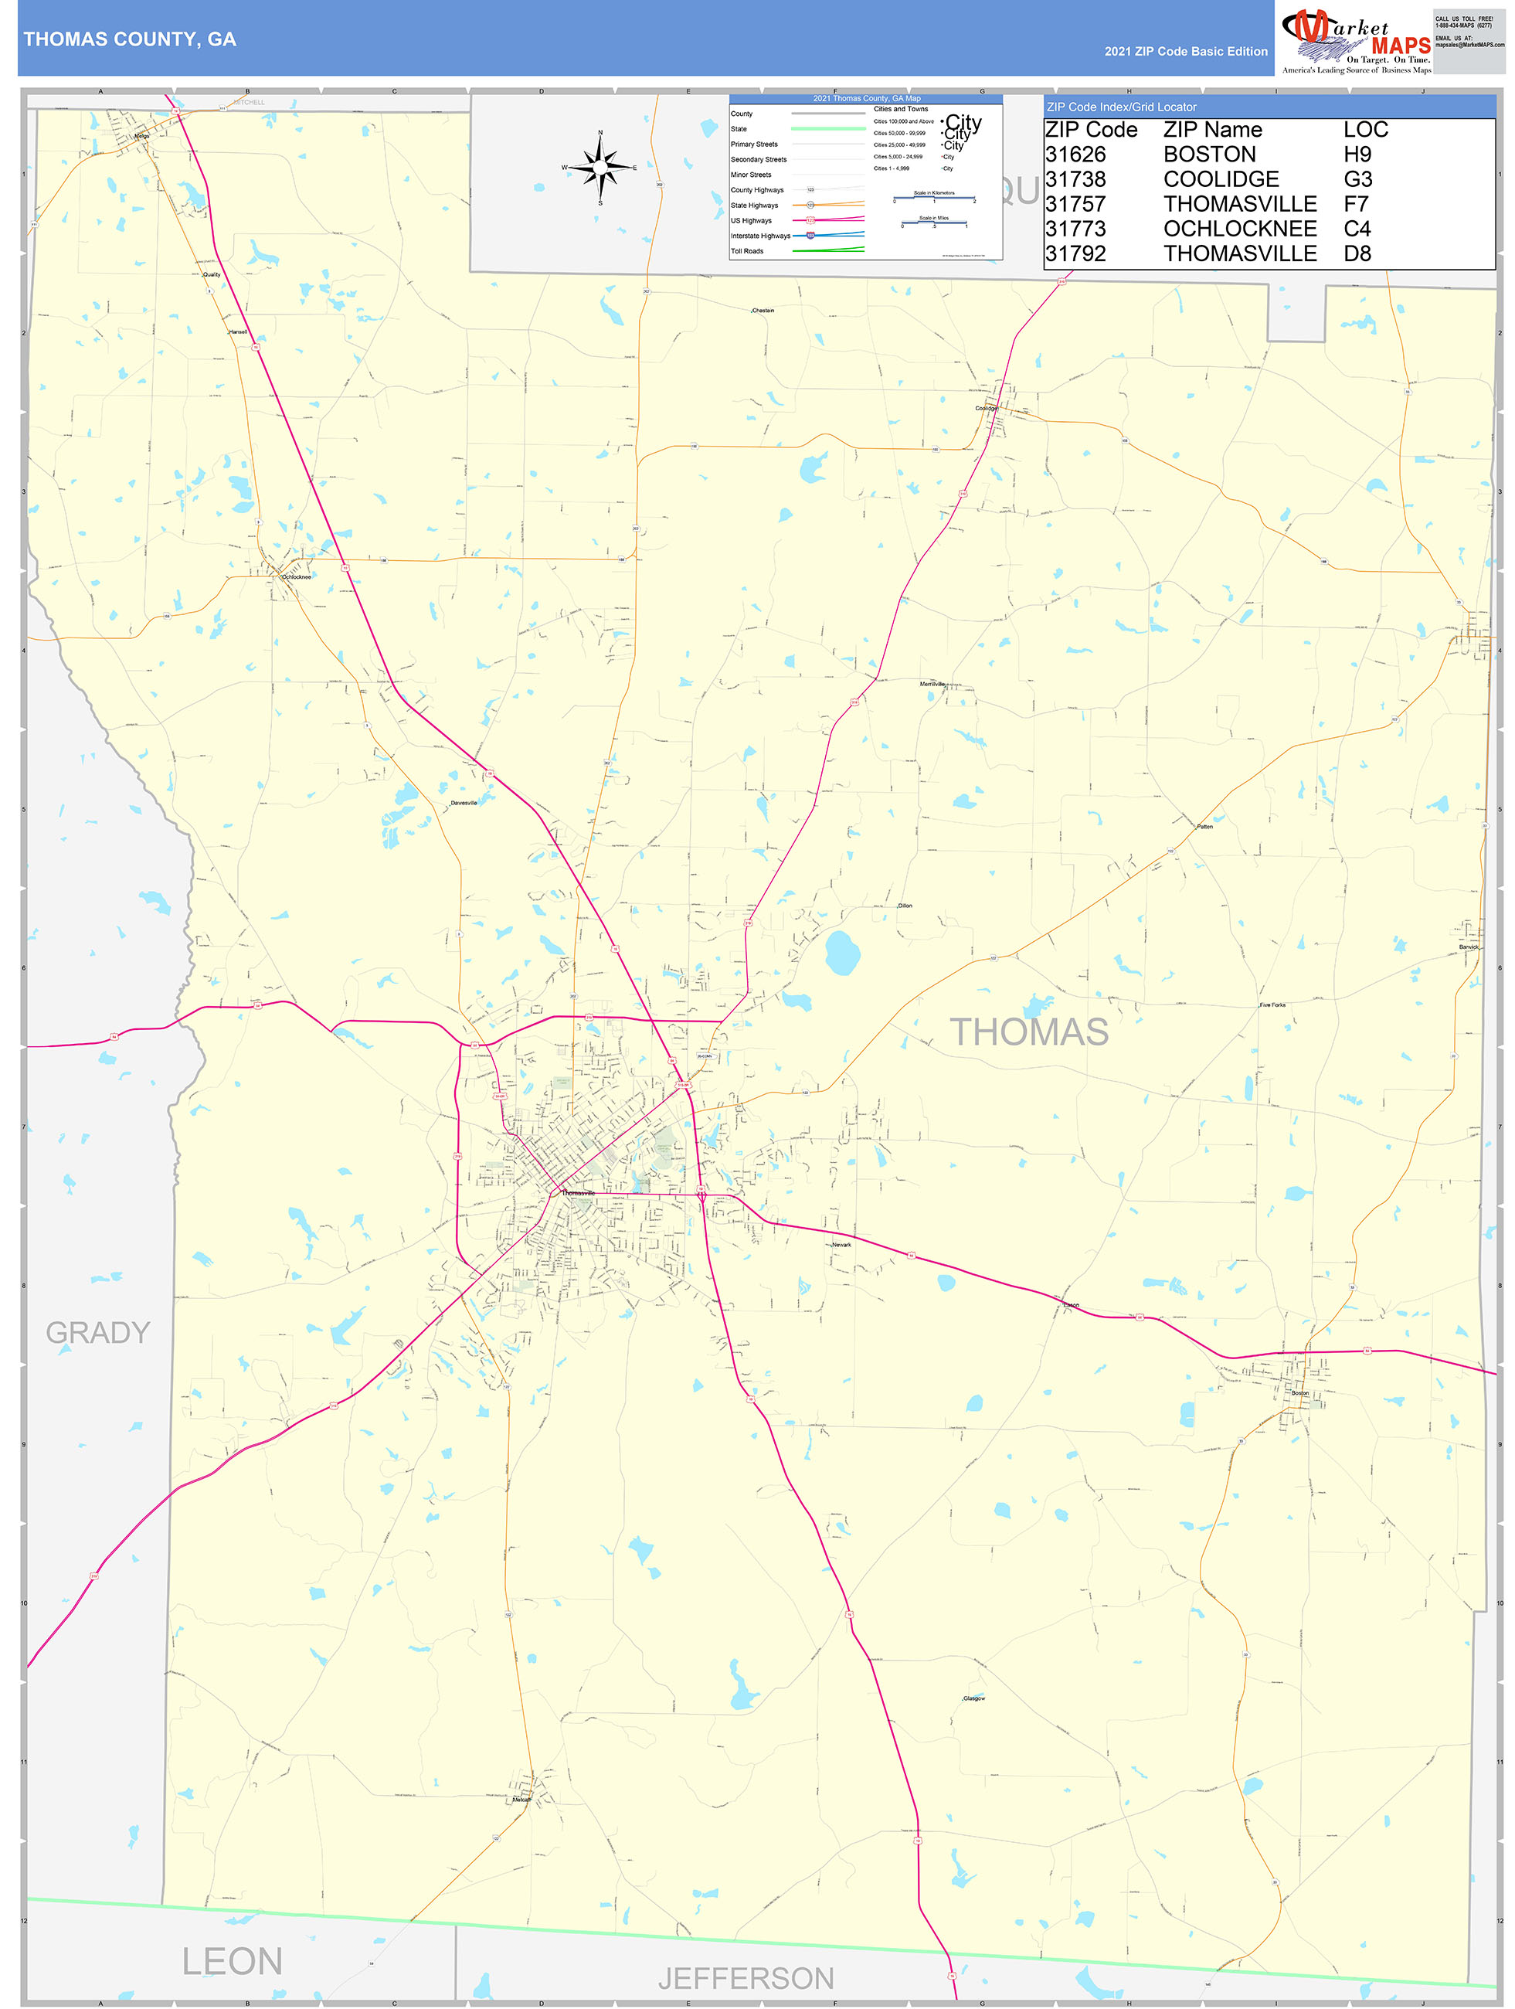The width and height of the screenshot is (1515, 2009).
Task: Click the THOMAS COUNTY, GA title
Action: point(130,39)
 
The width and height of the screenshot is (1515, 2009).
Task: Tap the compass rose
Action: point(600,168)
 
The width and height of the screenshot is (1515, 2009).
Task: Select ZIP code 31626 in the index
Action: point(1075,155)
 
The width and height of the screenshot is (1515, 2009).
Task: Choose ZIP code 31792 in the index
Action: point(1075,253)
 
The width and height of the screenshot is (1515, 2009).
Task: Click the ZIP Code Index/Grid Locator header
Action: point(1122,107)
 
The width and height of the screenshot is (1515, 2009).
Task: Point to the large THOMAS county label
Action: point(1029,1032)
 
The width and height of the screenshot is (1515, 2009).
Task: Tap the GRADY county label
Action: point(98,1332)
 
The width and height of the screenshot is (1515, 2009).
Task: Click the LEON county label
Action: point(232,1961)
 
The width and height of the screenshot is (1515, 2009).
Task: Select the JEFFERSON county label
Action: point(746,1977)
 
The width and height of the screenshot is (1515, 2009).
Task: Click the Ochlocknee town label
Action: point(296,576)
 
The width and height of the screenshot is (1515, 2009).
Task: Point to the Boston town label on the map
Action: point(1299,1392)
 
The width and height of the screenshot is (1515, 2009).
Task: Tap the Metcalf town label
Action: point(521,1799)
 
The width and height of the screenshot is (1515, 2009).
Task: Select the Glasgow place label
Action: point(973,1698)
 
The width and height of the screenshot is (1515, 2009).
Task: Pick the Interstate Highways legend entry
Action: point(760,236)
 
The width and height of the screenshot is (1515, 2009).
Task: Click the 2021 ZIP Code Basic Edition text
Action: point(1185,52)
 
